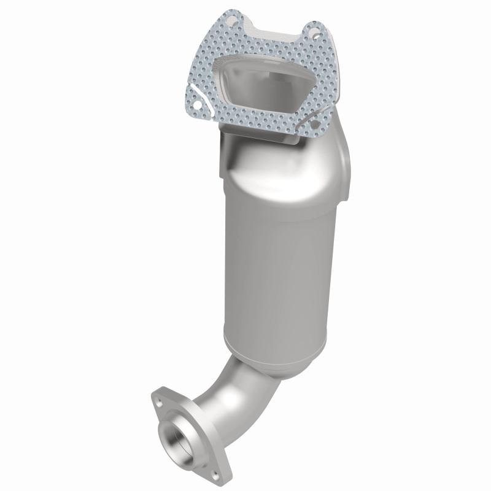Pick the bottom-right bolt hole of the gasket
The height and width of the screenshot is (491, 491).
click(x=315, y=125)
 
